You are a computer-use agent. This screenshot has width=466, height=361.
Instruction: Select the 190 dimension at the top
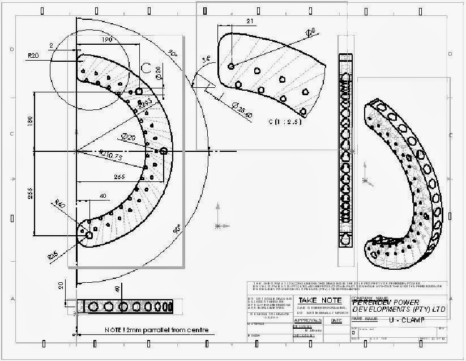pyautogui.click(x=90, y=41)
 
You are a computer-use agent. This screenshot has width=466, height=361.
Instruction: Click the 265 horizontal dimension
pyautogui.click(x=119, y=177)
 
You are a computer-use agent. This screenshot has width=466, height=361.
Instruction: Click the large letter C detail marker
pyautogui.click(x=146, y=68)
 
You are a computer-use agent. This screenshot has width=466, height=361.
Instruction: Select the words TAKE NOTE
pyautogui.click(x=320, y=300)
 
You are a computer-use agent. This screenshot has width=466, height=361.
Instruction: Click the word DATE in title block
pyautogui.click(x=336, y=320)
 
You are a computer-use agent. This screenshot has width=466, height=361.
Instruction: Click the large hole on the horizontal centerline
pyautogui.click(x=164, y=151)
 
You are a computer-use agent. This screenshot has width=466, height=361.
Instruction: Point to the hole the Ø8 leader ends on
pyautogui.click(x=231, y=66)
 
